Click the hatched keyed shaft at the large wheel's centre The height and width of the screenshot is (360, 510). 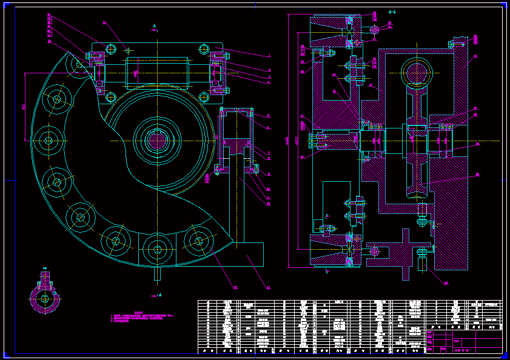point(157,141)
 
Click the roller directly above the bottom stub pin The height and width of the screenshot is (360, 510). point(157,248)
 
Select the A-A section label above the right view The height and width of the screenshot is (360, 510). point(392,11)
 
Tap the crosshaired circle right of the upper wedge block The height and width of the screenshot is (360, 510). point(375,29)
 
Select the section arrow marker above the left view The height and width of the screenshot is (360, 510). point(155,26)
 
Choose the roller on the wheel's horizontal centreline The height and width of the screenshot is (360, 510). point(47,141)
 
